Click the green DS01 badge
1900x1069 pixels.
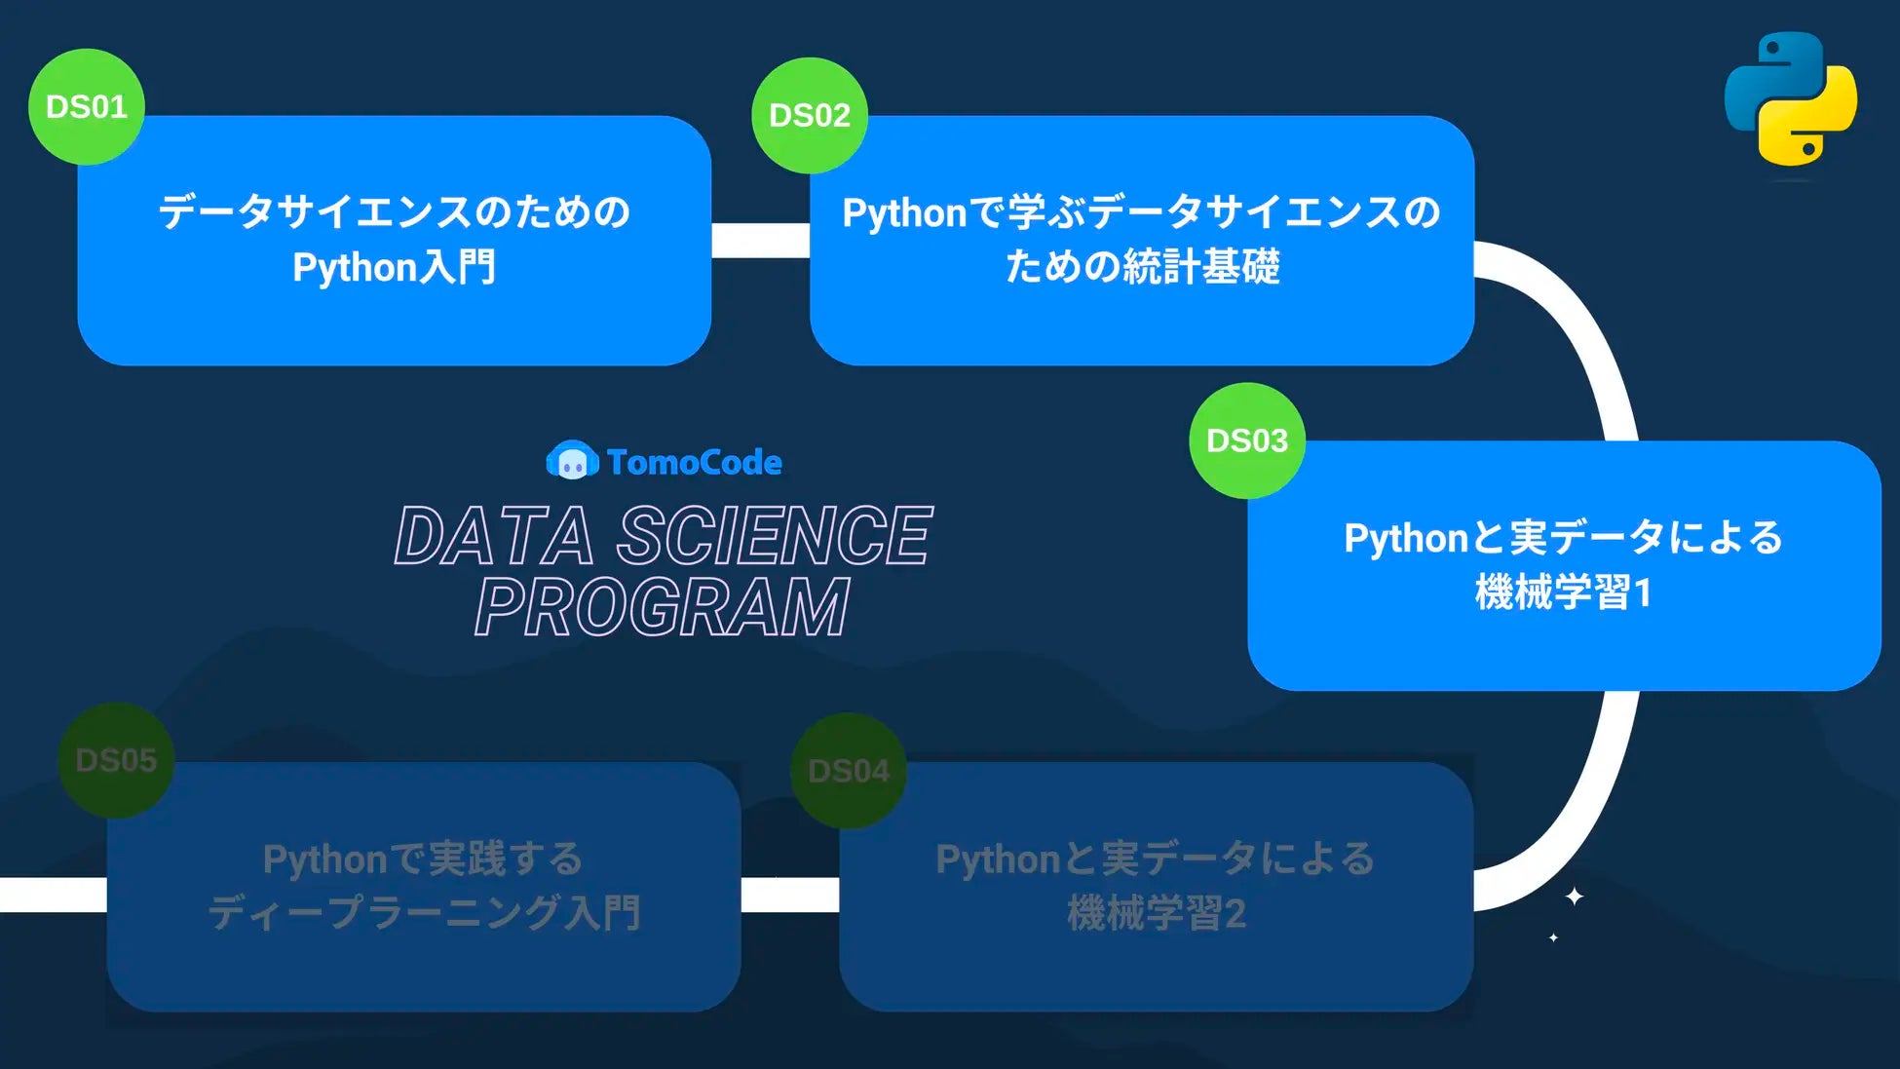coord(87,106)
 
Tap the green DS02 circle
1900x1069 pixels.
coord(810,115)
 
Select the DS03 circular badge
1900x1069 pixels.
coord(1247,440)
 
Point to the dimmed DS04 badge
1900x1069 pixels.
coord(849,771)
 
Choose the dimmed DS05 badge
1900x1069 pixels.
coord(116,760)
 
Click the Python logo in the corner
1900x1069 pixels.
coord(1791,98)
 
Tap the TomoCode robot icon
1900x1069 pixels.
coord(572,461)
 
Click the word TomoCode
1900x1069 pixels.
coord(694,462)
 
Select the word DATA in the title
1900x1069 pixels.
coord(494,536)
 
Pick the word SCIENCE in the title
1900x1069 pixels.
coord(775,536)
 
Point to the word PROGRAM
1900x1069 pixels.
coord(663,607)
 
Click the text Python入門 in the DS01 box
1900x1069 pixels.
coord(395,267)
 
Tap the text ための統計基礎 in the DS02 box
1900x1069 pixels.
coord(1142,266)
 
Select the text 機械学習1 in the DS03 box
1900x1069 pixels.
coord(1563,592)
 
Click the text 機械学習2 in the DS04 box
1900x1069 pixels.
coord(1157,913)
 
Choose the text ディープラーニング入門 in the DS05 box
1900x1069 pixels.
coord(424,913)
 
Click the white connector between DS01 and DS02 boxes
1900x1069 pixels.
coord(760,240)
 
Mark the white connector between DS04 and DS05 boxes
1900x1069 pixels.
coord(789,895)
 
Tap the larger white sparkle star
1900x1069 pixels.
coord(1574,896)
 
